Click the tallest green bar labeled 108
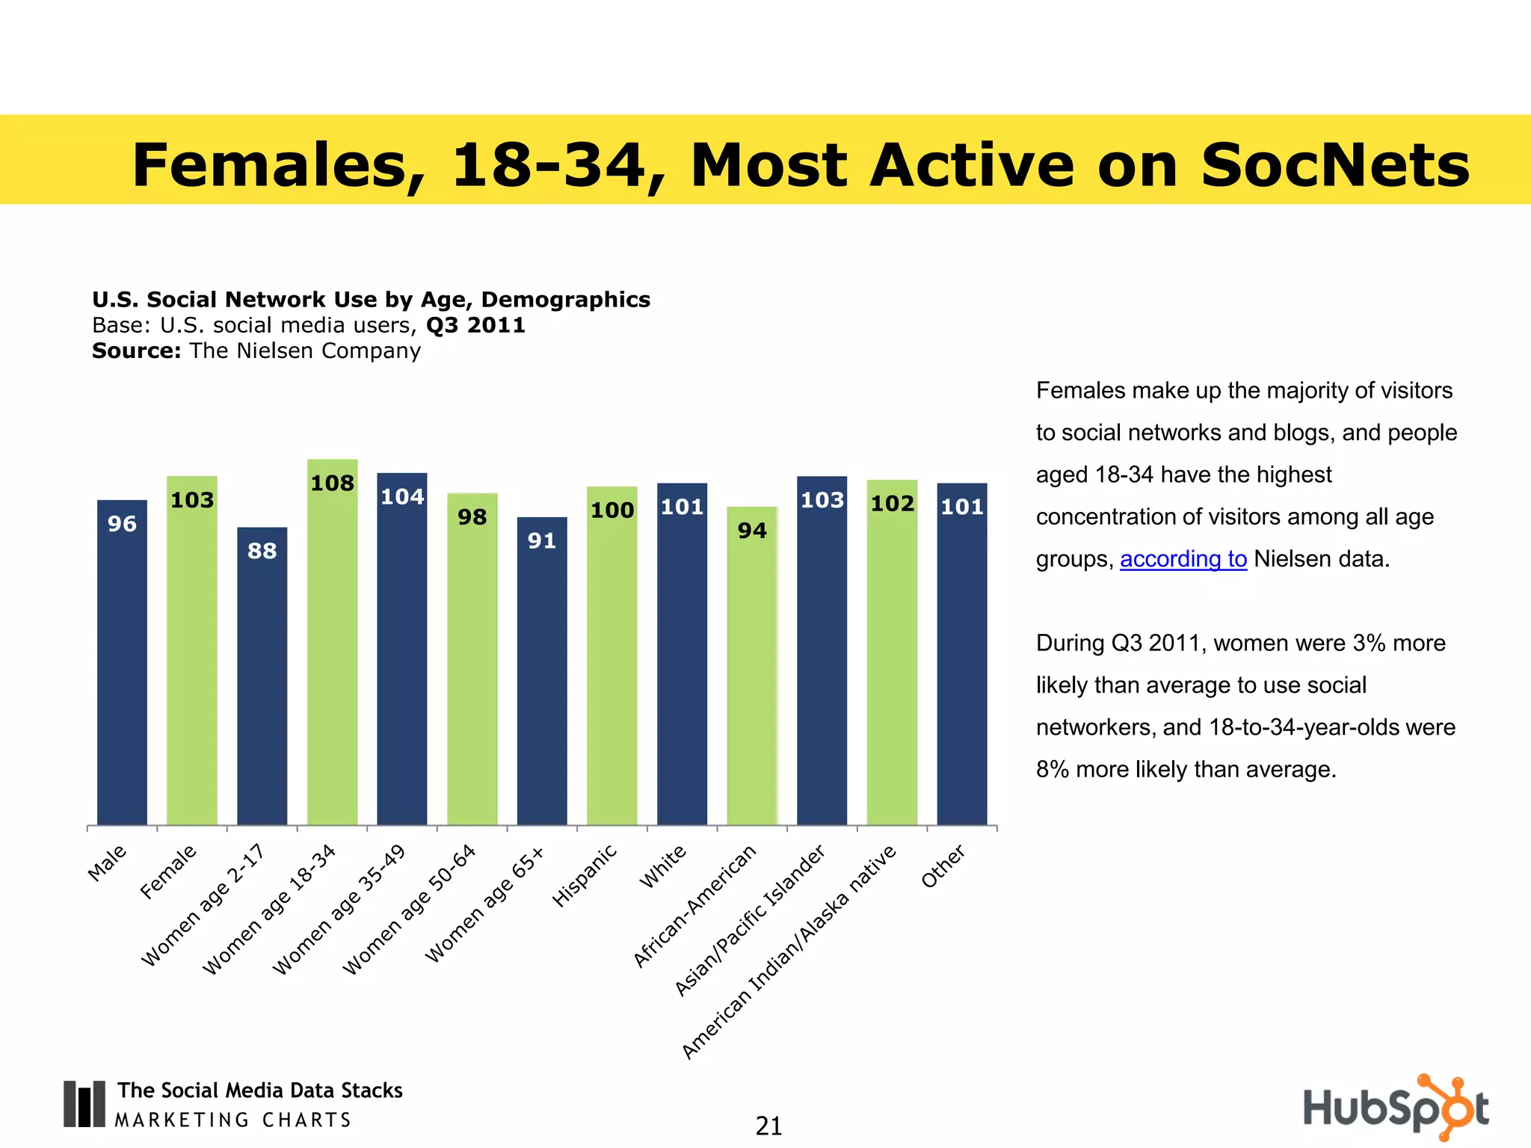pos(332,643)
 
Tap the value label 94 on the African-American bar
pos(752,531)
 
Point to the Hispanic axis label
pos(585,875)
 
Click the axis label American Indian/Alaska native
pos(789,952)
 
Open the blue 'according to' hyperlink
pos(1183,559)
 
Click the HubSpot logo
pos(1395,1107)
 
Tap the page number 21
pos(768,1126)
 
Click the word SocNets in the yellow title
pos(1334,165)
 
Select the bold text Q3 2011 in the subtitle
pos(475,326)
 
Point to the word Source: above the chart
pos(136,351)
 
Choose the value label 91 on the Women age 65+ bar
pos(542,541)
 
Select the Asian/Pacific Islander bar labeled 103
pos(822,650)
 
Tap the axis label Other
pos(943,867)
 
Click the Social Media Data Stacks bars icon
pos(84,1104)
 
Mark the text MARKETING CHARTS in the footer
pos(233,1120)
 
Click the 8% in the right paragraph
pos(1053,770)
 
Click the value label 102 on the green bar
pos(892,504)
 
